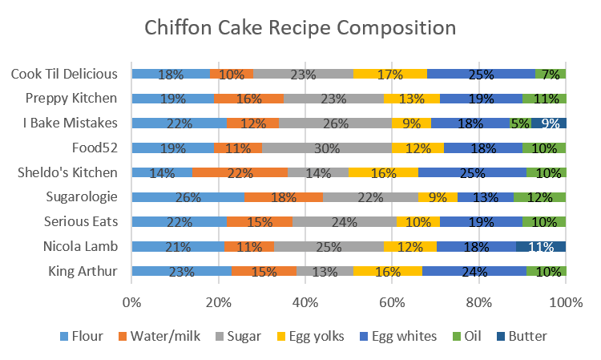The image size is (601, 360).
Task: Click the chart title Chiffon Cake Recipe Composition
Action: coord(300,28)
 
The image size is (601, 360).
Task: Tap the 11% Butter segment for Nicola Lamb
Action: coord(541,247)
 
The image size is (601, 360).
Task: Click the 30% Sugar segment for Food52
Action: coord(327,148)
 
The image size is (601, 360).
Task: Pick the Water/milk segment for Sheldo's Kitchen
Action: coord(240,172)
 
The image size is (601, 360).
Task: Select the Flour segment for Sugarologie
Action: coord(188,197)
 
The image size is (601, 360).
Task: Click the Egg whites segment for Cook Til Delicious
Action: coord(481,74)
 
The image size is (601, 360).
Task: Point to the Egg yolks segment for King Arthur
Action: coord(388,271)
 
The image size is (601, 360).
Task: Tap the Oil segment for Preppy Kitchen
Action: coord(544,99)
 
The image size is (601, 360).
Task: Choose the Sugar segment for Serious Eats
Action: coord(345,222)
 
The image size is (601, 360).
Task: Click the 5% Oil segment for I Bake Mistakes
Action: coord(520,123)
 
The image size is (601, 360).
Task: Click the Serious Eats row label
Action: coord(80,222)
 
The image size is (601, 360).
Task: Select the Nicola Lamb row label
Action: coord(81,247)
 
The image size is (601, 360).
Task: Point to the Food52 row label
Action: coord(97,148)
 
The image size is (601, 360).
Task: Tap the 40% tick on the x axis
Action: coord(305,302)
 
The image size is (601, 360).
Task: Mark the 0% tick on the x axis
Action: coord(131,302)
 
